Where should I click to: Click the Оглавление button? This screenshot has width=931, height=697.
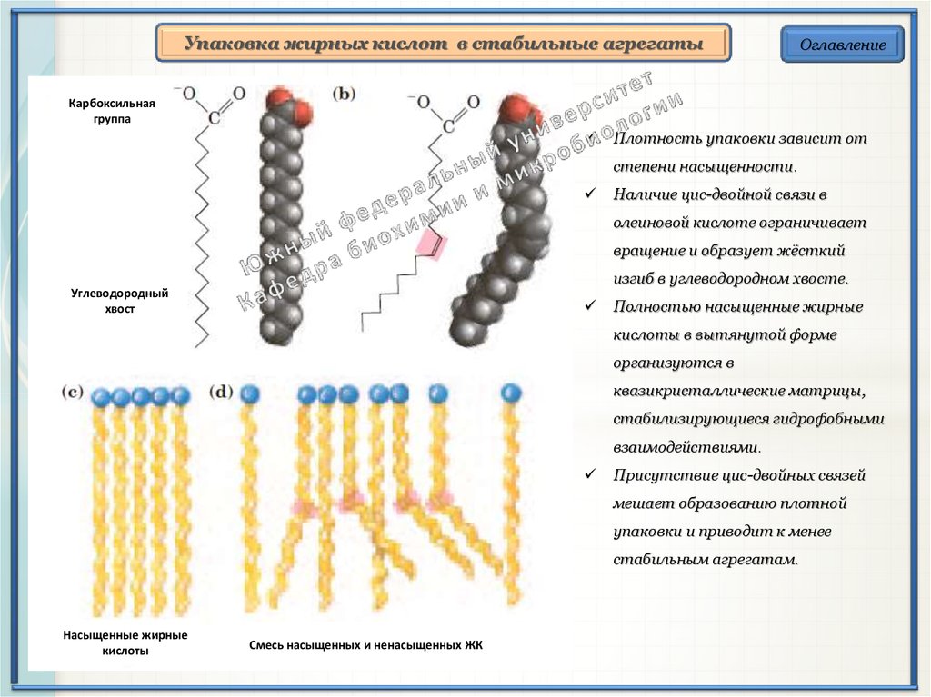842,45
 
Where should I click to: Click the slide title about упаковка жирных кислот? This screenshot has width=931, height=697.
444,44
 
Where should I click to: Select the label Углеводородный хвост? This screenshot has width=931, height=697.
119,302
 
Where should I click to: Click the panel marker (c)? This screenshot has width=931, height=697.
73,393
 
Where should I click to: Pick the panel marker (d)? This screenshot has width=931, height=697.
222,393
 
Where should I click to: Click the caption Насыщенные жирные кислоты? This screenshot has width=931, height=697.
125,642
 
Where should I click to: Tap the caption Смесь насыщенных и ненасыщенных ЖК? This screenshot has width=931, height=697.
365,645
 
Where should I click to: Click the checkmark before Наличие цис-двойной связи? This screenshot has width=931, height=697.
591,194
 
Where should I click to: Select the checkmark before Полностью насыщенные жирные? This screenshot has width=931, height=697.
591,307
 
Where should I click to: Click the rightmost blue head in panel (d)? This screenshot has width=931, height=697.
511,393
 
